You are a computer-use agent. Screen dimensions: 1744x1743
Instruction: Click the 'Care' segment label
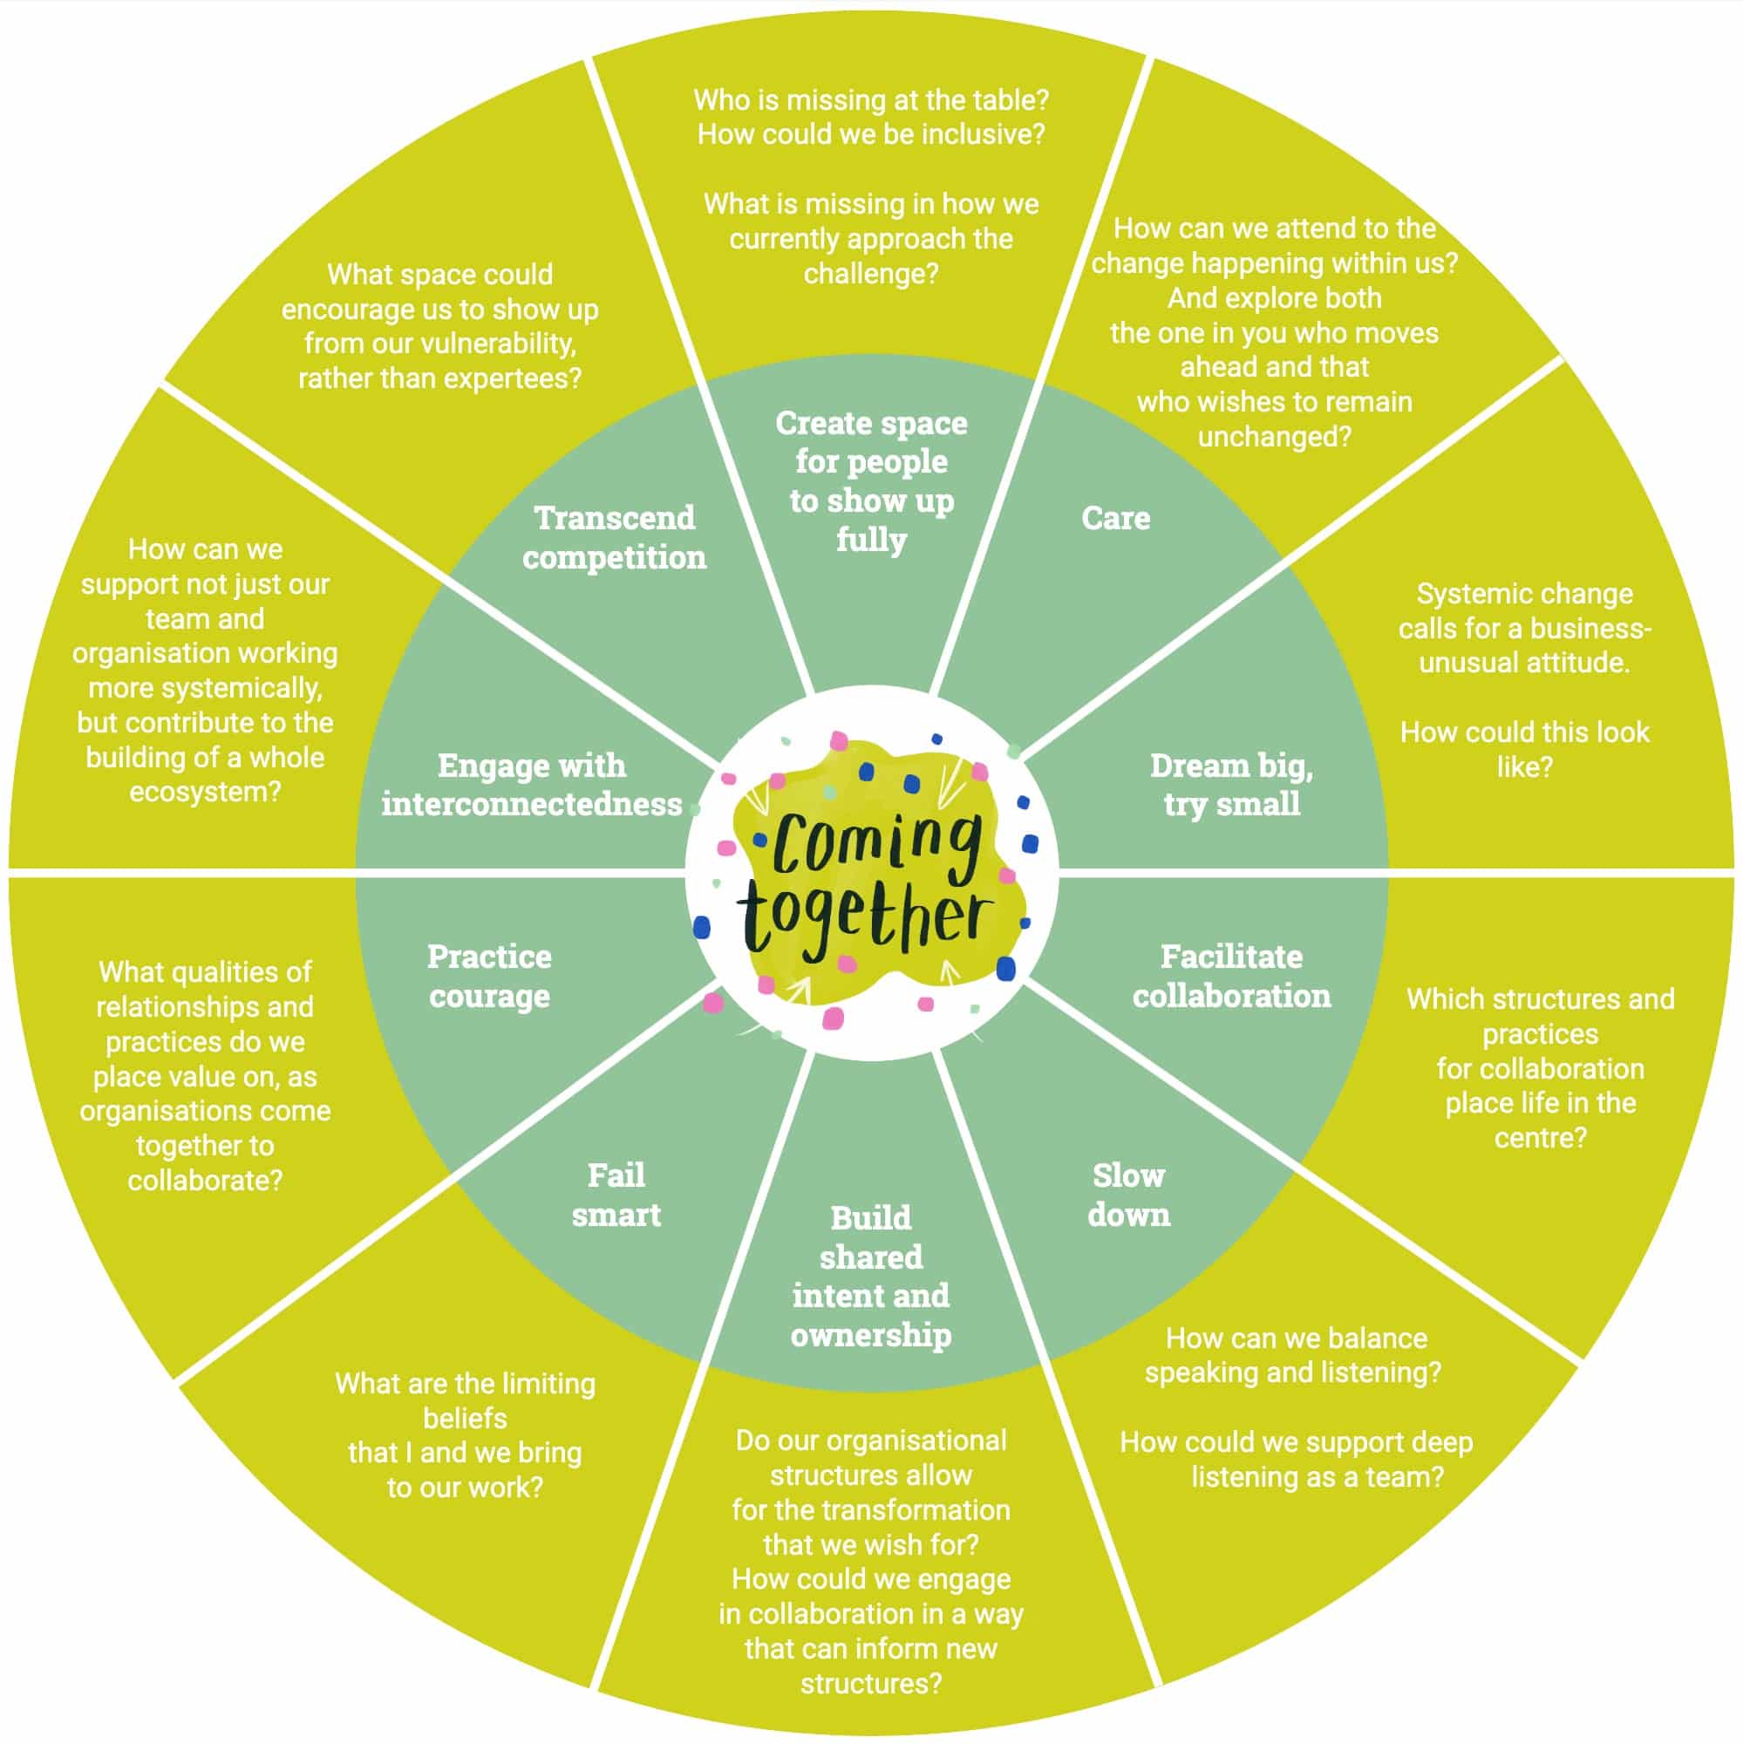tap(1116, 518)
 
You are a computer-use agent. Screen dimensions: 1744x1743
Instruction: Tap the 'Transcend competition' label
tap(615, 538)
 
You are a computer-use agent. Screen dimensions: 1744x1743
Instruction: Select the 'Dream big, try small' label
tap(1231, 785)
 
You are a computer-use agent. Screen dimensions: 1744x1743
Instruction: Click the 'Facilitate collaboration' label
tap(1231, 976)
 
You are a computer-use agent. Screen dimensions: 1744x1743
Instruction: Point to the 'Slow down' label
tap(1128, 1195)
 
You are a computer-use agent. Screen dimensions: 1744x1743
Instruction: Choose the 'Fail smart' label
tap(616, 1195)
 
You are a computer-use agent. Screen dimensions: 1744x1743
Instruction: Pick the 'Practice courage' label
tap(489, 976)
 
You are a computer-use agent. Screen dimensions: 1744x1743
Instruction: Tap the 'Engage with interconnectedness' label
tap(532, 785)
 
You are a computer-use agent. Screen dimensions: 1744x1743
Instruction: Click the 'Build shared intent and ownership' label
tap(871, 1276)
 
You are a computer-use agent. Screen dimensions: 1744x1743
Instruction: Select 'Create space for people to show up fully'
tap(871, 481)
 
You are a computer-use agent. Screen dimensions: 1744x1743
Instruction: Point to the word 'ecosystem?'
tap(205, 792)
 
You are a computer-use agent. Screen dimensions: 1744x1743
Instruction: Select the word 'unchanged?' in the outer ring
tap(1274, 437)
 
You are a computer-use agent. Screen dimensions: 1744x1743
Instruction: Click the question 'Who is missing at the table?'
tap(871, 99)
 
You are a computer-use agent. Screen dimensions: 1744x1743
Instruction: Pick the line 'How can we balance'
tap(1297, 1338)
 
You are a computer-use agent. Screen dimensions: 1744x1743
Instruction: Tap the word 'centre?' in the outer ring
tap(1540, 1137)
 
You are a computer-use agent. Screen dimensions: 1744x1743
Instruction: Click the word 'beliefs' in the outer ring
tap(465, 1418)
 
